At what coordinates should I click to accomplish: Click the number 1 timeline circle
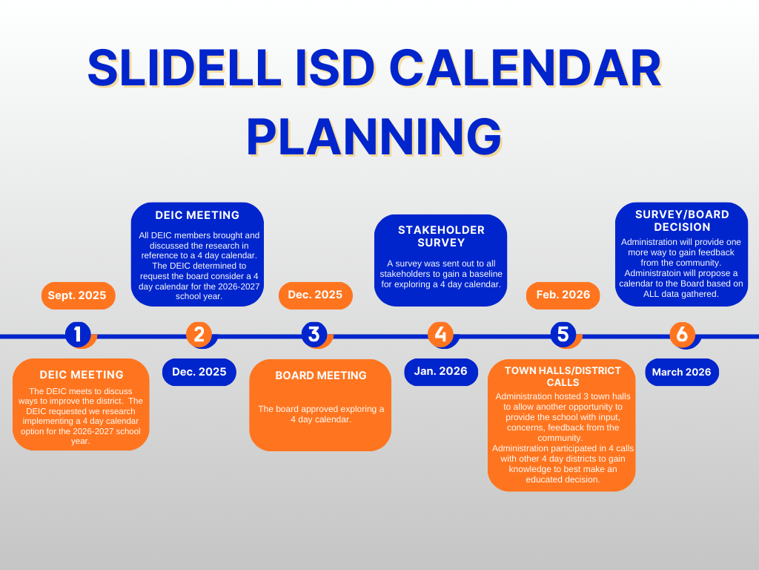pos(78,334)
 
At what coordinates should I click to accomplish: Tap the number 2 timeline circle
pos(199,334)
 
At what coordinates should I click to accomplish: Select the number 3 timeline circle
pos(314,334)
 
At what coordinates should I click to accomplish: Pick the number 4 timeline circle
pos(440,334)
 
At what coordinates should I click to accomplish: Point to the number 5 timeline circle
pos(563,334)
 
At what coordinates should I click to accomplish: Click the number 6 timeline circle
pos(682,334)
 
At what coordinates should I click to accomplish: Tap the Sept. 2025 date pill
pos(78,295)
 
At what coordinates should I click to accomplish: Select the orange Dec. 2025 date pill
pos(315,295)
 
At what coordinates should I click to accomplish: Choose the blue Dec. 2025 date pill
pos(199,372)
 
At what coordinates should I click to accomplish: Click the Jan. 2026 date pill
pos(440,371)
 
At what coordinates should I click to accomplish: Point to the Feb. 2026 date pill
pos(563,295)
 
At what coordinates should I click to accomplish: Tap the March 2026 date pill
pos(681,372)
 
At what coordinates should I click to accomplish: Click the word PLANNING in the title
pos(374,137)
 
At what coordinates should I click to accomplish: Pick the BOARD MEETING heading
pos(321,376)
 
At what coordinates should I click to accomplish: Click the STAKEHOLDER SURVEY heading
pos(441,236)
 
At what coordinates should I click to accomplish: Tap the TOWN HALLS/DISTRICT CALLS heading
pos(563,376)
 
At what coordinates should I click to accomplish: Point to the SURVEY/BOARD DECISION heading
pos(682,220)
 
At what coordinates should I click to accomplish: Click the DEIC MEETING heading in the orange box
pos(82,375)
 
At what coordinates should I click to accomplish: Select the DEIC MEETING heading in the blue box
pos(197,215)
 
